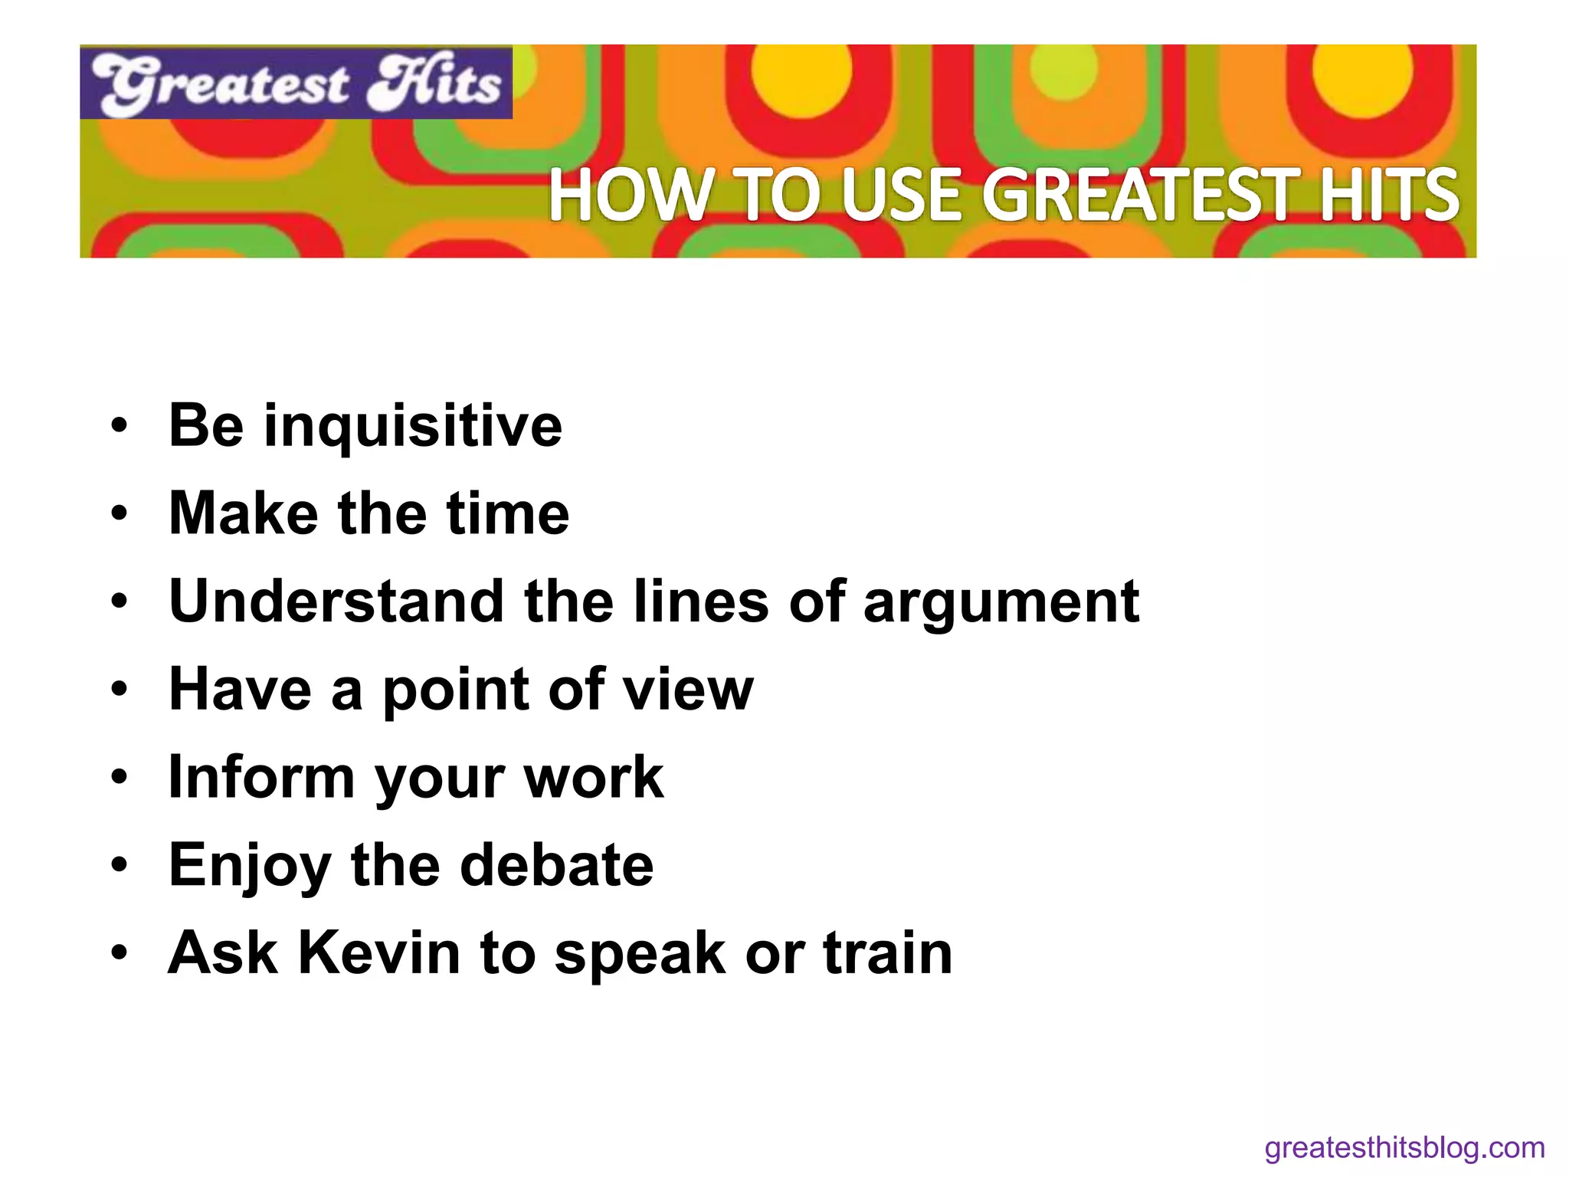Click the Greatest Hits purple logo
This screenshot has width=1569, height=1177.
296,83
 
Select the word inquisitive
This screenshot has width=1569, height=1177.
413,426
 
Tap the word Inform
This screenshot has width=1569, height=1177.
261,777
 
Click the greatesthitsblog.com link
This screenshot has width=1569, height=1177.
1404,1148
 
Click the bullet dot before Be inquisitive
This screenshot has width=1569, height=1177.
119,426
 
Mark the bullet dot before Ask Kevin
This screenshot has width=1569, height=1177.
119,953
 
